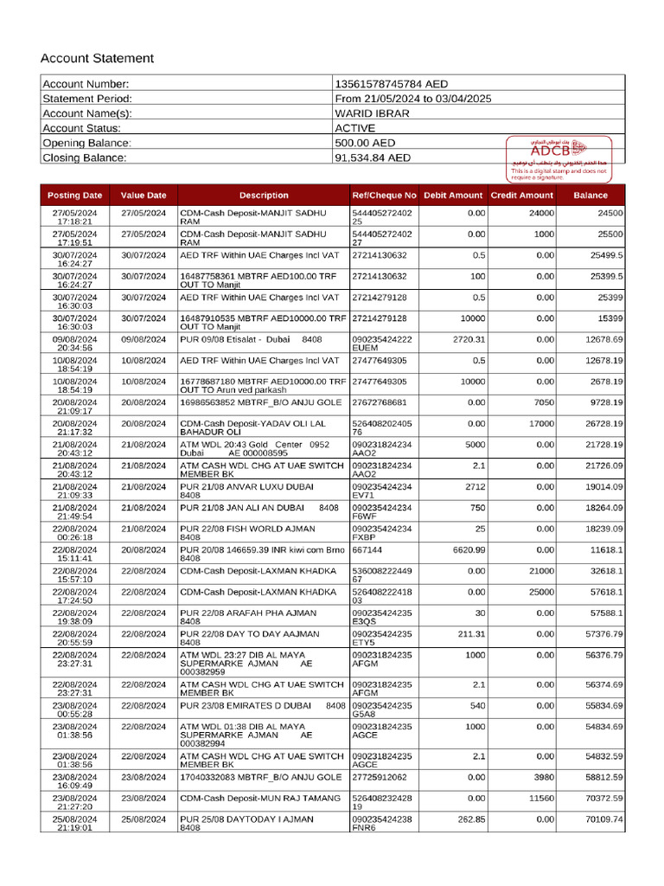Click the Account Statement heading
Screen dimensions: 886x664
97,59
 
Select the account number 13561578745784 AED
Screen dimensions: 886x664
391,84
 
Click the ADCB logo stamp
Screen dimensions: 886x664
558,150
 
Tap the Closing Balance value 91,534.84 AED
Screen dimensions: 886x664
373,158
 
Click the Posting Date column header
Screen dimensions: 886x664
74,196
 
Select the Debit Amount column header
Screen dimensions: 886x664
453,196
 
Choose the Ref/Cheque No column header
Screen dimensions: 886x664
385,196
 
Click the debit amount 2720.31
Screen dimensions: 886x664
469,339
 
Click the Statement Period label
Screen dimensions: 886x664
87,99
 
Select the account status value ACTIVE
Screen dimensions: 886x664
355,128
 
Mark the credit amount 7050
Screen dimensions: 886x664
543,402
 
